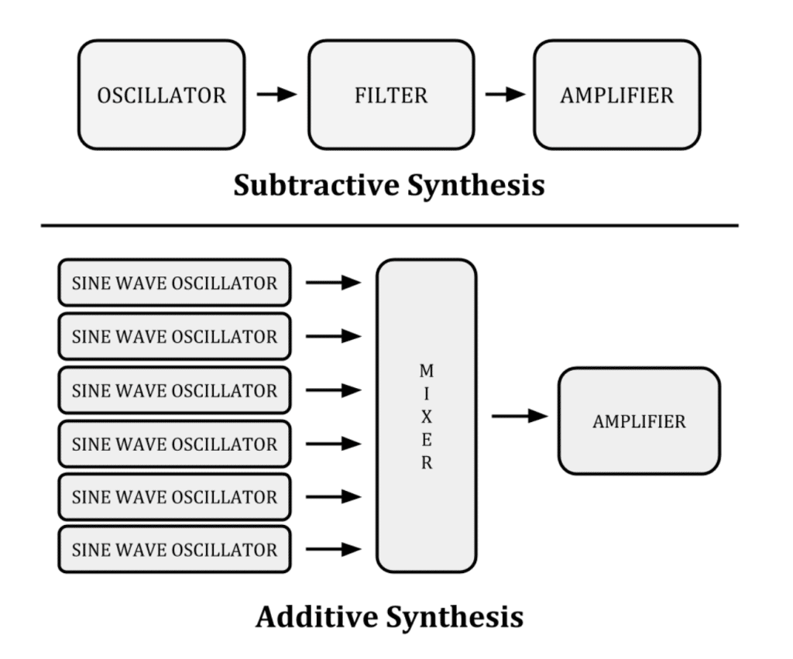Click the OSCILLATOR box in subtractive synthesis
click(x=161, y=95)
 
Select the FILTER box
click(x=391, y=95)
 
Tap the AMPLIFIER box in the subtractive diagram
click(x=616, y=95)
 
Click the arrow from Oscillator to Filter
click(x=276, y=94)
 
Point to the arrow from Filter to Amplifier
click(x=504, y=94)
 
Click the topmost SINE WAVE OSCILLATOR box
click(x=174, y=283)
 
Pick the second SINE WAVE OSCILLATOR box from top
click(x=174, y=337)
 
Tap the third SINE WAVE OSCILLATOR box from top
click(x=174, y=390)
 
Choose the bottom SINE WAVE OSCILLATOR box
click(x=174, y=551)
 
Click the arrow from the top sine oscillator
click(x=334, y=283)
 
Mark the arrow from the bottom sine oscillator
click(x=334, y=550)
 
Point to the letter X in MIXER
click(x=426, y=417)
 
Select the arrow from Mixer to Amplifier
click(x=520, y=417)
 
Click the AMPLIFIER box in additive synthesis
click(x=639, y=421)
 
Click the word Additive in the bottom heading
click(x=315, y=617)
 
